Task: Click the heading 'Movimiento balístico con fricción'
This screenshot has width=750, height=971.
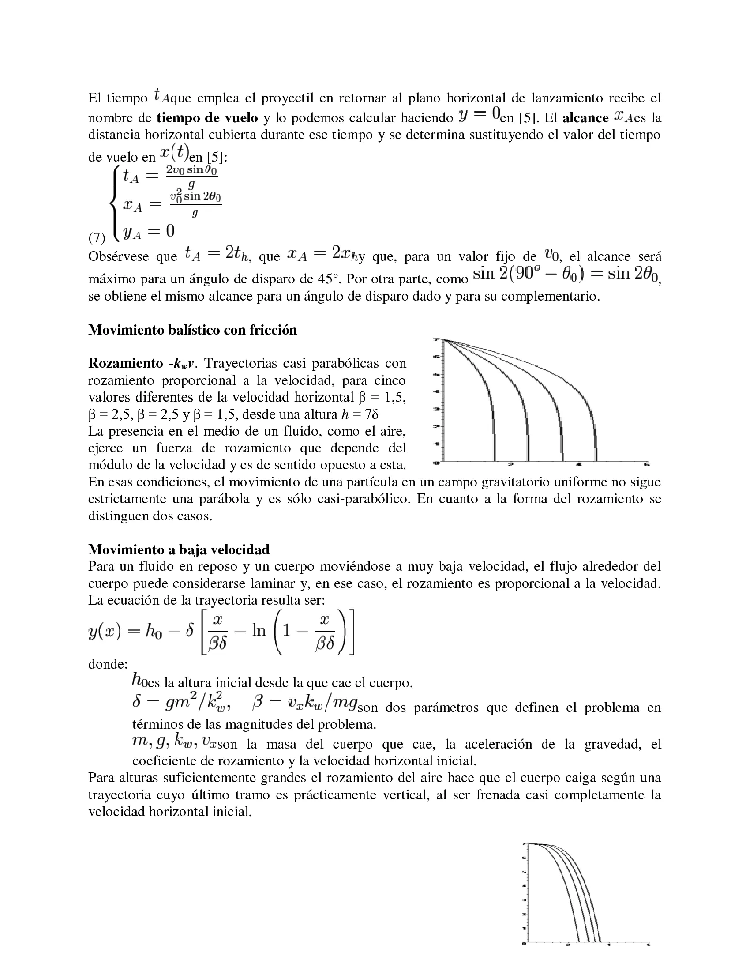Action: pyautogui.click(x=192, y=330)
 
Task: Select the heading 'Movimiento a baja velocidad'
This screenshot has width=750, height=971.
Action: pyautogui.click(x=179, y=549)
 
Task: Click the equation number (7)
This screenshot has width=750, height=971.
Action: pyautogui.click(x=97, y=238)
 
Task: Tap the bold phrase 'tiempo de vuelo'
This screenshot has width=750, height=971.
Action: pyautogui.click(x=207, y=118)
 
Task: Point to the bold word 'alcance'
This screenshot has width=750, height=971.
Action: pyautogui.click(x=585, y=118)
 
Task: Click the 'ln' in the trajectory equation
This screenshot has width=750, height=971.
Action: pyautogui.click(x=259, y=630)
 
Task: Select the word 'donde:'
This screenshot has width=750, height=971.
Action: pyautogui.click(x=108, y=664)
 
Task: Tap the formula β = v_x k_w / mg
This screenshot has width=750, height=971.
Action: pyautogui.click(x=305, y=703)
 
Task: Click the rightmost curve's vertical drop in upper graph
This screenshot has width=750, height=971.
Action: pyautogui.click(x=596, y=440)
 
